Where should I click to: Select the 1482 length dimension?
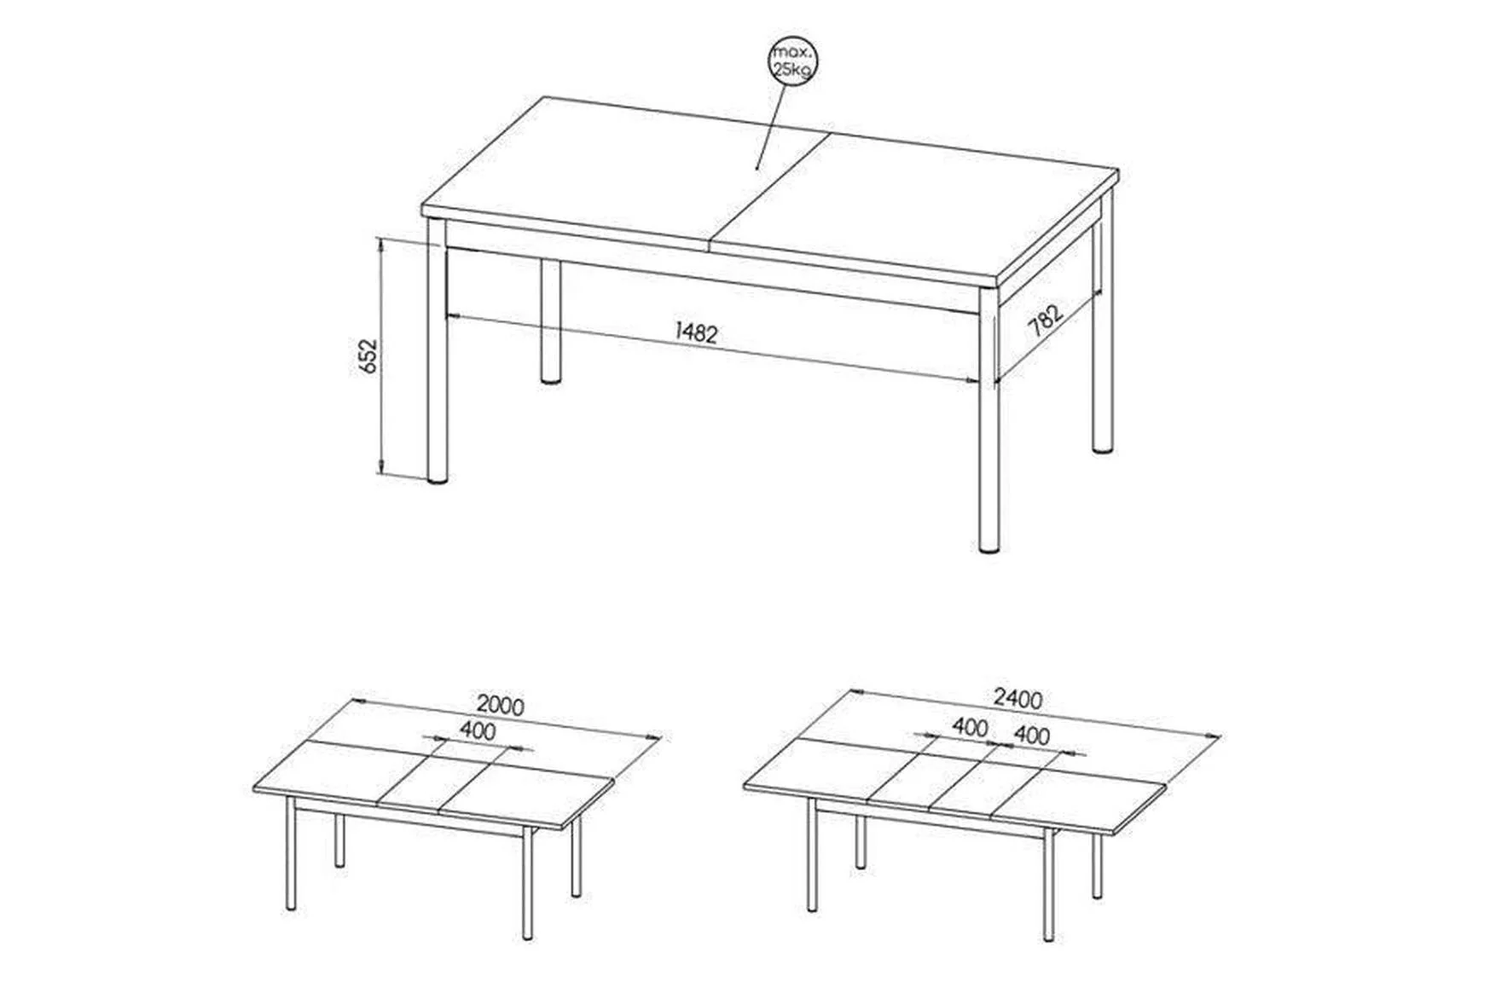pos(697,332)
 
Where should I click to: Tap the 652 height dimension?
pos(367,355)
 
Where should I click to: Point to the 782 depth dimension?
pos(1046,321)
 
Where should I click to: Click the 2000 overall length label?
pos(501,705)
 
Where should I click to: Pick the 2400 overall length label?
pos(1017,699)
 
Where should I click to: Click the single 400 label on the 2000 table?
pos(477,730)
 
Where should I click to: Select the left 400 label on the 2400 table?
pos(970,727)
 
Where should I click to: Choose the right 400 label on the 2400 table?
pos(1031,735)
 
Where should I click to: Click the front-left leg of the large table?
pos(437,351)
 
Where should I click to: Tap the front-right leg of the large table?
pos(989,423)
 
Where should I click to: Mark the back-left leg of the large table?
pos(551,321)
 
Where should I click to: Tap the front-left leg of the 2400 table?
pos(812,854)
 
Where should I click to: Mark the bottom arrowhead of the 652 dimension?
pos(381,469)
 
